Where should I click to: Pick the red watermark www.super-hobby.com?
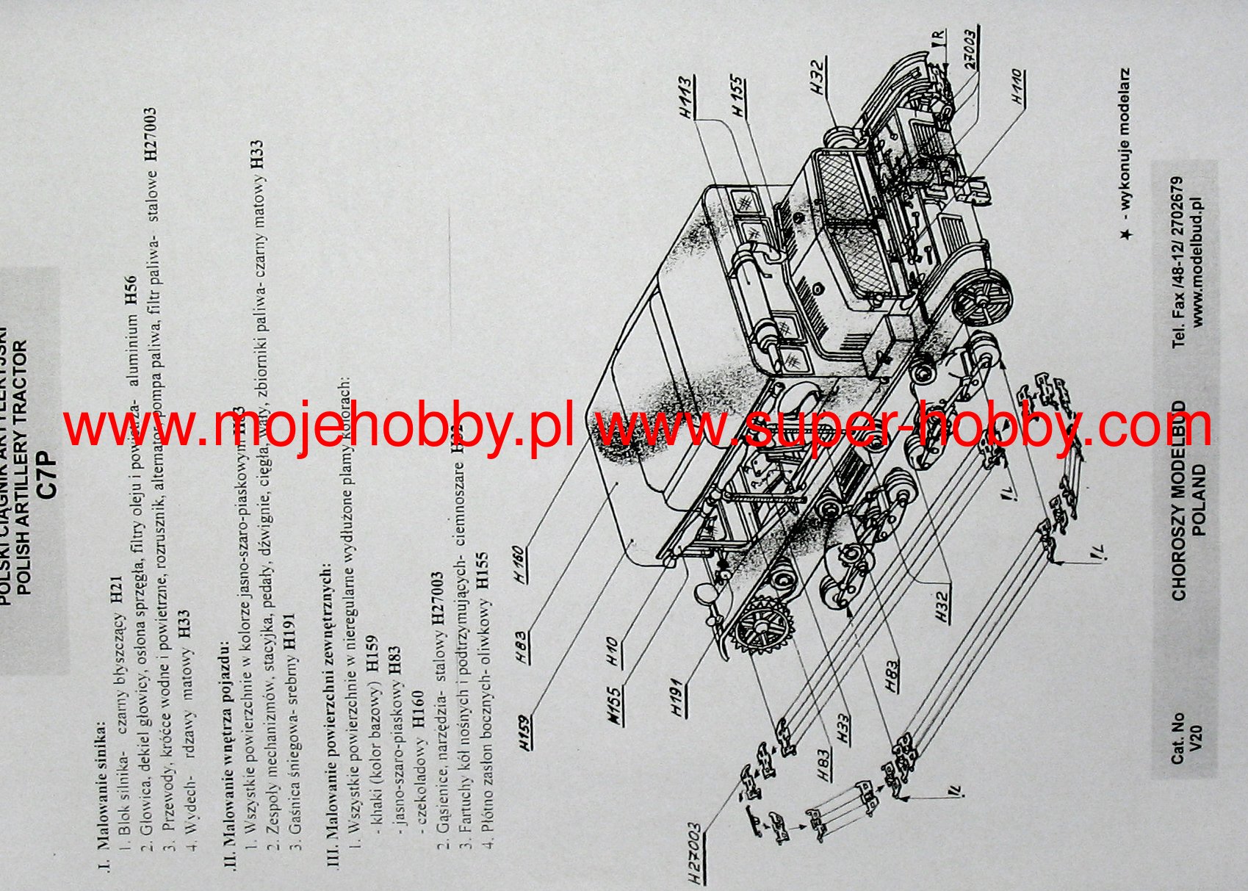903,428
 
